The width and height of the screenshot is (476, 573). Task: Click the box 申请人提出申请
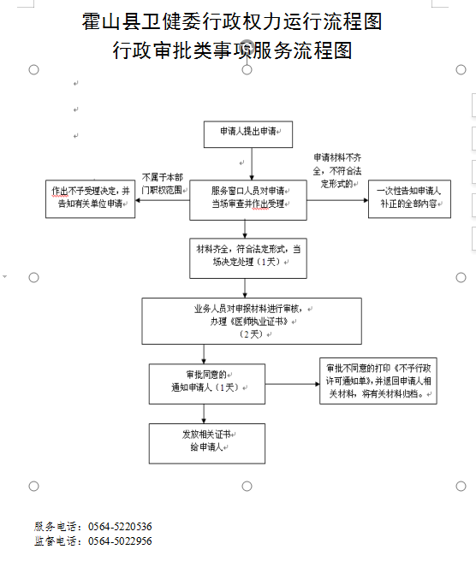tap(248, 134)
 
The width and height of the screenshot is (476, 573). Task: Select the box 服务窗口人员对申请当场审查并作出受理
tap(248, 200)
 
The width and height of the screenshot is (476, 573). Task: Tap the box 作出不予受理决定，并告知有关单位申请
tap(91, 198)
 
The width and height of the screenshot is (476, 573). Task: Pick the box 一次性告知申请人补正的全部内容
tap(409, 198)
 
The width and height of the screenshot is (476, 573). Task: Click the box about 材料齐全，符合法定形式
tap(248, 258)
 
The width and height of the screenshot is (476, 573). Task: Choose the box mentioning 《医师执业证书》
tap(252, 322)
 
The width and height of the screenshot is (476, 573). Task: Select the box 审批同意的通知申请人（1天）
tap(207, 384)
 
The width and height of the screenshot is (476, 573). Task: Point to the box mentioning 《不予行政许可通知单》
tap(378, 381)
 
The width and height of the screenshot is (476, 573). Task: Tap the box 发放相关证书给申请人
tap(207, 444)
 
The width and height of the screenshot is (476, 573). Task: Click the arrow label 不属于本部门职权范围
tap(162, 184)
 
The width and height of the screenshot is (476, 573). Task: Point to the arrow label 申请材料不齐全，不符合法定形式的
tap(337, 171)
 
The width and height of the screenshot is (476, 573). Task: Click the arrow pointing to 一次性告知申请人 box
tap(337, 200)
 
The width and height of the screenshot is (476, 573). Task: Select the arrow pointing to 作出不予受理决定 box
tap(163, 200)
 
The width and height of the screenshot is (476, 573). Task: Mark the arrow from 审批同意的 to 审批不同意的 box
tap(292, 384)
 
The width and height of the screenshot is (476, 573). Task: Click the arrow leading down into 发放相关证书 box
tap(204, 414)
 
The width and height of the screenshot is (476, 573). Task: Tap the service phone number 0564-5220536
tap(120, 527)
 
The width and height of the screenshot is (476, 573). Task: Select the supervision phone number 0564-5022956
tap(120, 541)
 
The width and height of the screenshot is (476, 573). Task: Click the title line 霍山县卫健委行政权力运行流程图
tap(232, 21)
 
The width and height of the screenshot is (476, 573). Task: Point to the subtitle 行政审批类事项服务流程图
tap(232, 50)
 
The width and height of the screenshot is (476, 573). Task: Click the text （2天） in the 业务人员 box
tap(252, 334)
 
